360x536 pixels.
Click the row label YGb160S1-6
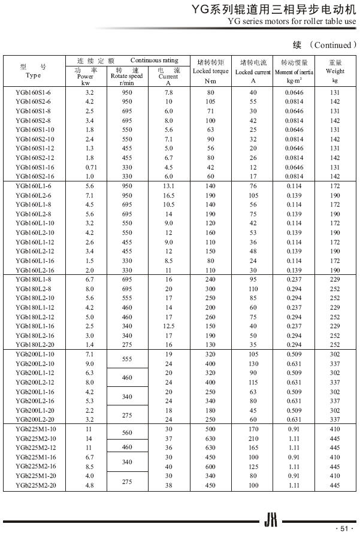[x=34, y=93]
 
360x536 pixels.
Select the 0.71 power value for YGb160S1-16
[x=90, y=167]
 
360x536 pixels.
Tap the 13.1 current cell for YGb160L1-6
[x=168, y=186]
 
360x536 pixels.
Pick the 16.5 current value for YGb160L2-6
[x=168, y=196]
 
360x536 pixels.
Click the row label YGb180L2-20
[x=34, y=345]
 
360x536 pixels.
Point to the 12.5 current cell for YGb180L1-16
[x=168, y=326]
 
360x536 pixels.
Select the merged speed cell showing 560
[x=126, y=432]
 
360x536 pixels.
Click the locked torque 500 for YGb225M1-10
[x=210, y=429]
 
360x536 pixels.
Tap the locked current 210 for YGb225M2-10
[x=253, y=438]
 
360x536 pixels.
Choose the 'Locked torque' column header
[x=210, y=71]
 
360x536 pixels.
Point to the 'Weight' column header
[x=335, y=71]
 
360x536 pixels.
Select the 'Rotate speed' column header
[x=126, y=76]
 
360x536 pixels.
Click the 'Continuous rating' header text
[x=154, y=60]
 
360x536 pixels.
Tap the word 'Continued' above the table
[x=332, y=45]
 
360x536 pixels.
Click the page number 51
[x=343, y=528]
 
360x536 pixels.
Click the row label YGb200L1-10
[x=34, y=354]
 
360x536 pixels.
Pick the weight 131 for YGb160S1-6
[x=335, y=93]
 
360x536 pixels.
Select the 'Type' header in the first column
[x=34, y=75]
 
